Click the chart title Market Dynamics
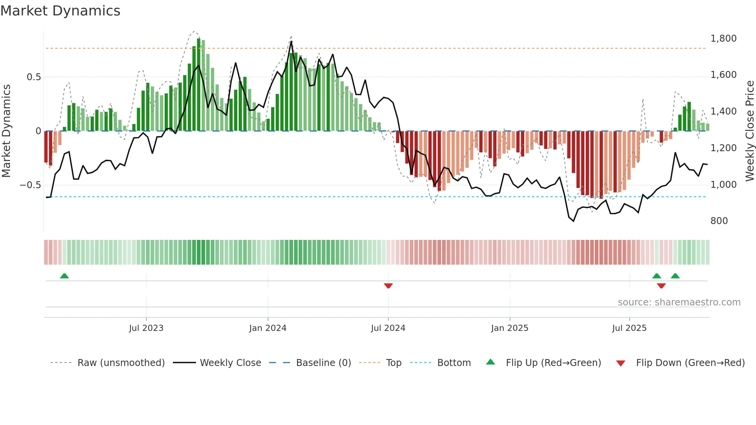pyautogui.click(x=60, y=11)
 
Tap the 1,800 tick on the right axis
pyautogui.click(x=723, y=39)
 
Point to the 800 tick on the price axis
pyautogui.click(x=719, y=221)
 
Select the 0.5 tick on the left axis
pyautogui.click(x=34, y=77)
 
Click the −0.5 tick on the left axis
pyautogui.click(x=30, y=185)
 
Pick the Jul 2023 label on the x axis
pyautogui.click(x=146, y=328)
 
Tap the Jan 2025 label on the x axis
pyautogui.click(x=510, y=328)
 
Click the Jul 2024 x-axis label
pyautogui.click(x=388, y=328)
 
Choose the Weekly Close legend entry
pyautogui.click(x=230, y=363)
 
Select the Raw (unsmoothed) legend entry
pyautogui.click(x=121, y=363)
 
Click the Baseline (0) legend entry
pyautogui.click(x=323, y=363)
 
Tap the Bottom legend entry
pyautogui.click(x=454, y=363)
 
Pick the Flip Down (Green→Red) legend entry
pyautogui.click(x=690, y=363)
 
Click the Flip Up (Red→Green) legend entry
pyautogui.click(x=553, y=363)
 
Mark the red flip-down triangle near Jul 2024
pyautogui.click(x=388, y=286)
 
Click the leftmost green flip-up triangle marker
pyautogui.click(x=64, y=276)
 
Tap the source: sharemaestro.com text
pyautogui.click(x=679, y=302)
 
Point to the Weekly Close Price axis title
pyautogui.click(x=749, y=131)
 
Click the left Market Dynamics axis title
pyautogui.click(x=6, y=131)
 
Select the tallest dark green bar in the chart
pyautogui.click(x=199, y=85)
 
